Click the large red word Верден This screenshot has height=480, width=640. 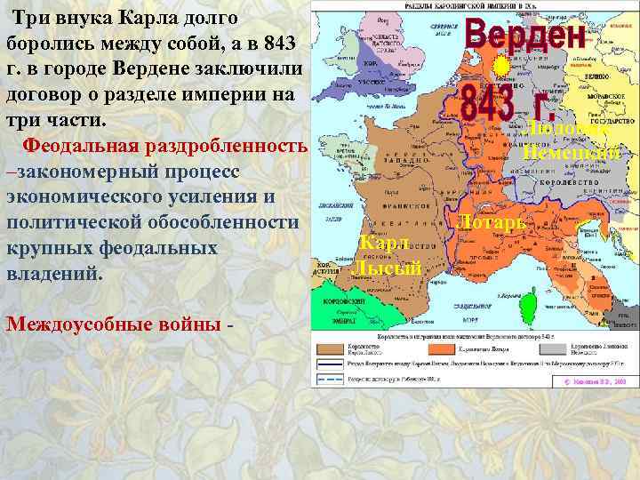(x=524, y=36)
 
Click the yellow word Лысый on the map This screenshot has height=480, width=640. (x=388, y=268)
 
